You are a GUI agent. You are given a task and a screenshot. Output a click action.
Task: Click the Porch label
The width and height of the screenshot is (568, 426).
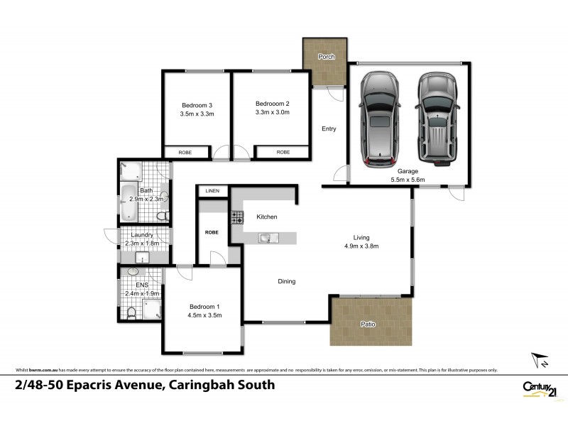[x=326, y=57]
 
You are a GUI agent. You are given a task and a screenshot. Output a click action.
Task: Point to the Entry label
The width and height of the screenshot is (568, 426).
[x=329, y=129]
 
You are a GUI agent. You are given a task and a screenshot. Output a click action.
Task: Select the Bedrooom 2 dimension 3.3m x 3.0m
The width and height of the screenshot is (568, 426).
[x=273, y=112]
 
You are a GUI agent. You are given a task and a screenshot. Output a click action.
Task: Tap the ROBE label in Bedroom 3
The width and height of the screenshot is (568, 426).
[x=185, y=152]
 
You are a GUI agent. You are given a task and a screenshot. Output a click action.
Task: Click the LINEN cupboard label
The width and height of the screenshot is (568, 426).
[x=212, y=191]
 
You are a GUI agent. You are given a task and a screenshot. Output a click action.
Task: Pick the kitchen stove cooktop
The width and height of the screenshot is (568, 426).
[x=236, y=217]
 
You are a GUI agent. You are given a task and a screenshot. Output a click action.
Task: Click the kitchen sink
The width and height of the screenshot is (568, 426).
[x=268, y=238]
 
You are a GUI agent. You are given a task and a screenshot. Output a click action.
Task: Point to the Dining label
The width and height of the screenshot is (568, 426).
[x=286, y=282]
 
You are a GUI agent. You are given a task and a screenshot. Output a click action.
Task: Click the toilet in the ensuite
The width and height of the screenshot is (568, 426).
[x=130, y=312]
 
